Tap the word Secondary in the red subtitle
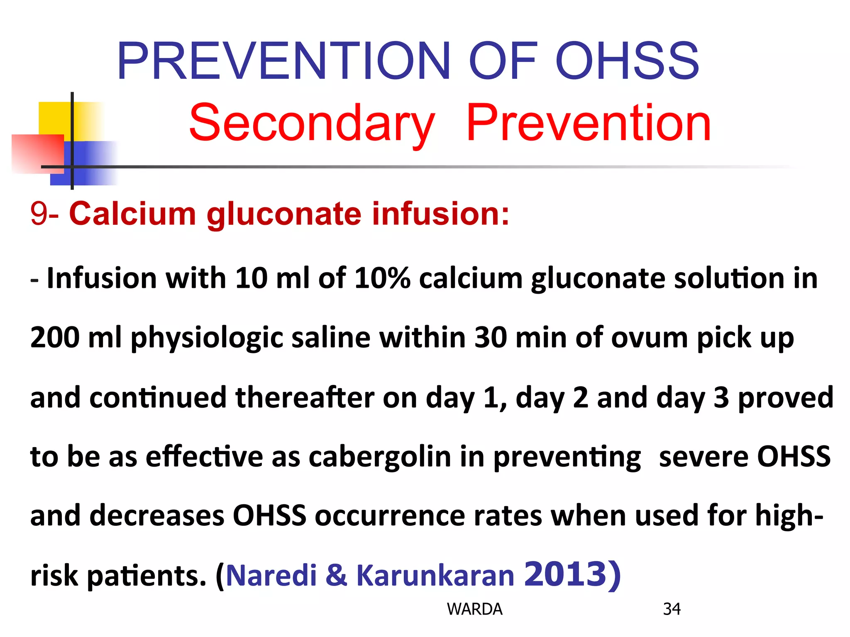coord(312,123)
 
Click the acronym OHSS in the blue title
coord(627,61)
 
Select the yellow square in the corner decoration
coord(54,118)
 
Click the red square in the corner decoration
coord(37,153)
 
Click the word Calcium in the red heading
coord(132,214)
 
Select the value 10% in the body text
coord(382,278)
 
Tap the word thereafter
coord(305,397)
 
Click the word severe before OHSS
coord(703,457)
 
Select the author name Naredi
coord(271,576)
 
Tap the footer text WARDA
coord(474,609)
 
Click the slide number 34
coord(672,609)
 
